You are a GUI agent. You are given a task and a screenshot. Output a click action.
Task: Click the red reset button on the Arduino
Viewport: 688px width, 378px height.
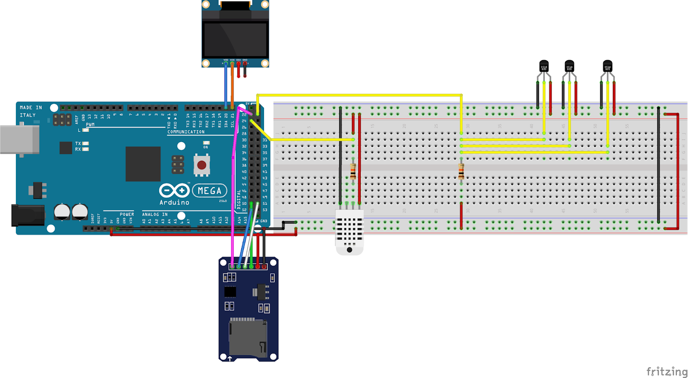point(202,165)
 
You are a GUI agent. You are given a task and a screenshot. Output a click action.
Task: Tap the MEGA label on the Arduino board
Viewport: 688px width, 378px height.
point(209,191)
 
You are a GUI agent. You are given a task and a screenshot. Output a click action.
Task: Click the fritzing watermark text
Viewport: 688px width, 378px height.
point(666,372)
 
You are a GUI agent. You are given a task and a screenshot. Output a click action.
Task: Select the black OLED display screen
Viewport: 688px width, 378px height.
point(235,40)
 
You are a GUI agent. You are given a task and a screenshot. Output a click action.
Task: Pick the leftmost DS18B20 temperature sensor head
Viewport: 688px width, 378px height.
point(544,66)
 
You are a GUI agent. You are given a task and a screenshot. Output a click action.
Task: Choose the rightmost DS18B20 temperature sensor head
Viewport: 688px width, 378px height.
point(607,66)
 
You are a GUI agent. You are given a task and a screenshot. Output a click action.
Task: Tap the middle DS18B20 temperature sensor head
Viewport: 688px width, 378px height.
point(569,66)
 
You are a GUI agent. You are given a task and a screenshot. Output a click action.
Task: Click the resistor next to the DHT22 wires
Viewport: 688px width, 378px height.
point(353,171)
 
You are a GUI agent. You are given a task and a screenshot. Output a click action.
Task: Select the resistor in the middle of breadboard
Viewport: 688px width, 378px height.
point(461,171)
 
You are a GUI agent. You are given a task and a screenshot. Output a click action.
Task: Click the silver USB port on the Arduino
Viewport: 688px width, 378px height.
point(19,140)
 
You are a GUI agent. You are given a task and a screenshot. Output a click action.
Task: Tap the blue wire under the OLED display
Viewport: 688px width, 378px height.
point(226,86)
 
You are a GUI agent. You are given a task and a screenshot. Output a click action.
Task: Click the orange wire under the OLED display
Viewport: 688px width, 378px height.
point(232,86)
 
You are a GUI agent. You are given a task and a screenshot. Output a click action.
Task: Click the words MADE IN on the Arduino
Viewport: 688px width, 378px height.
point(31,107)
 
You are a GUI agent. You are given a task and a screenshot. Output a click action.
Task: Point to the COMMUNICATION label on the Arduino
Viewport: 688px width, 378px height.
point(186,132)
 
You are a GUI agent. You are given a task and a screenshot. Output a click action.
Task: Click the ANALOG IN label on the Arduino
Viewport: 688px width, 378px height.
point(155,214)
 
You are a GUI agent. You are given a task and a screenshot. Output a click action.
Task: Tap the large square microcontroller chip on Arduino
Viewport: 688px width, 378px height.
point(143,164)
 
